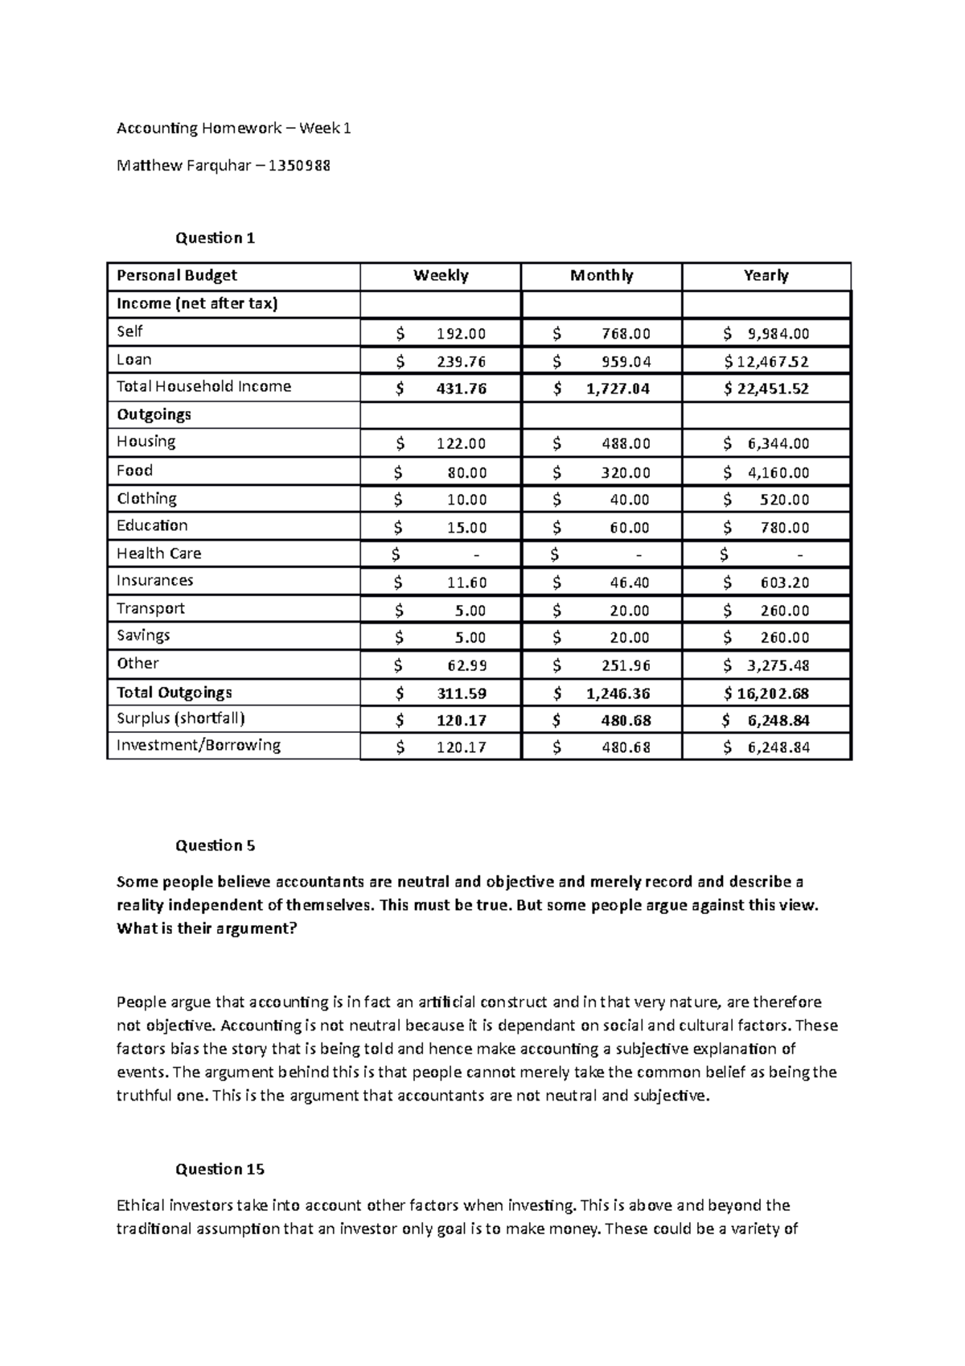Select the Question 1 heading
click(215, 238)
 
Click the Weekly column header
click(441, 276)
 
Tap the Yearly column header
click(766, 276)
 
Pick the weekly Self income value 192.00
click(461, 334)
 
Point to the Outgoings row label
click(154, 415)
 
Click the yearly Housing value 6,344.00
click(778, 444)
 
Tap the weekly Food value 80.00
click(467, 473)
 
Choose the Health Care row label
click(158, 553)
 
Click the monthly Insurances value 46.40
click(629, 582)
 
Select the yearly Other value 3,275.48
click(778, 666)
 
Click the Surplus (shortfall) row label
click(181, 718)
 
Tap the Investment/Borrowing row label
click(199, 746)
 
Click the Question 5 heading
click(215, 846)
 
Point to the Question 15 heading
click(220, 1169)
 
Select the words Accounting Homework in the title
click(199, 129)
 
